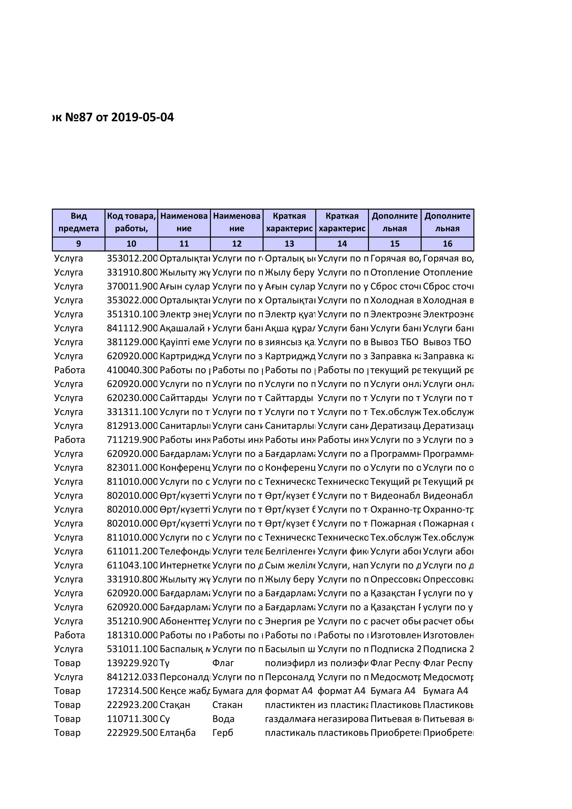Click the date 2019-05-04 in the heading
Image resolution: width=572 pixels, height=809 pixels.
(142, 117)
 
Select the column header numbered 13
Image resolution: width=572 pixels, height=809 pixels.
(289, 244)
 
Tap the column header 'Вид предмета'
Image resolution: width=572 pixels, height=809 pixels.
(79, 222)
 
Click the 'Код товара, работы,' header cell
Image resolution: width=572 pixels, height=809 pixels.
(131, 222)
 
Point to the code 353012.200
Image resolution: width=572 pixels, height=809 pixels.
(132, 259)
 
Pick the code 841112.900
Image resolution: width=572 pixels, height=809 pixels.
(132, 328)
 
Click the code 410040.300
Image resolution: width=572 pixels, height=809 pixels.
(132, 370)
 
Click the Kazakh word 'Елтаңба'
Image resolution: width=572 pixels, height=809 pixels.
(177, 733)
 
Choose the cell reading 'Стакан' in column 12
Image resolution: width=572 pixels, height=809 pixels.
(227, 705)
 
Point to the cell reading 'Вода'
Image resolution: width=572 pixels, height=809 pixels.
(223, 719)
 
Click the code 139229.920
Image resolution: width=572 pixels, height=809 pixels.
(132, 663)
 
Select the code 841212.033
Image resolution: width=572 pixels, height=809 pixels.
(132, 677)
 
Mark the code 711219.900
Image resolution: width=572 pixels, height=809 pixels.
(132, 440)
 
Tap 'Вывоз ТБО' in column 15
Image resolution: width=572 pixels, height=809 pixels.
(394, 342)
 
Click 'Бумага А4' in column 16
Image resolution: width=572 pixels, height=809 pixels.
(445, 691)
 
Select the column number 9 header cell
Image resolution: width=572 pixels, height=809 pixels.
(79, 244)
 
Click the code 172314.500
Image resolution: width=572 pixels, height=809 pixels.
(132, 691)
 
